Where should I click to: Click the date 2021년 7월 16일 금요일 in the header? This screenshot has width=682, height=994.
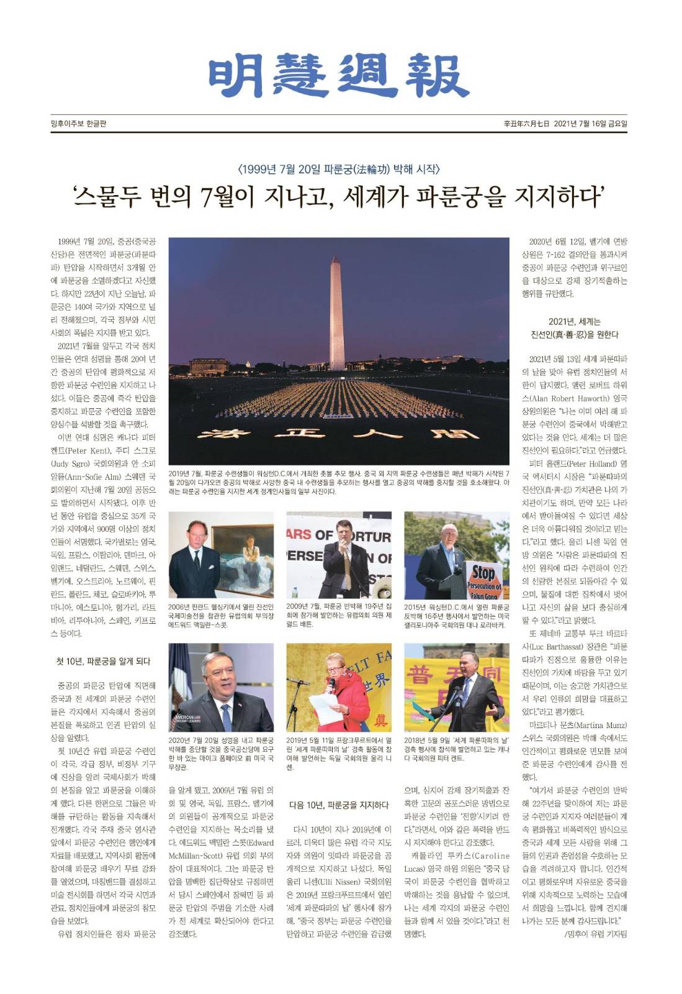590,124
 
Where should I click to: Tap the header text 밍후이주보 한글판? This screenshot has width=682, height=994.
78,124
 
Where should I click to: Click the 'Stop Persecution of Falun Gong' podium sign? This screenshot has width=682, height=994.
484,581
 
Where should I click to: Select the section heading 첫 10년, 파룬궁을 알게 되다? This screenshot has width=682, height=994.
103,661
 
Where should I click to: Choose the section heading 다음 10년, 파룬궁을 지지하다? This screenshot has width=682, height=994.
339,805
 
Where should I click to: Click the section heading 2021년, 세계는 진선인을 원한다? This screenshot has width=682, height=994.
575,328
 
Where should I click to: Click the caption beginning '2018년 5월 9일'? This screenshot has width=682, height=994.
456,749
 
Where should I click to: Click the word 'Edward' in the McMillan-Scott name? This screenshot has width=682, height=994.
261,842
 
